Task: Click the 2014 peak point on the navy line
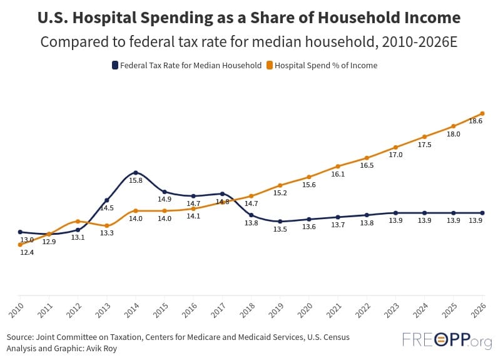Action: coord(136,173)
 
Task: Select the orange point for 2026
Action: coord(482,113)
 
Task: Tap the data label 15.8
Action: coord(136,180)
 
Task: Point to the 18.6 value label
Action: coord(475,121)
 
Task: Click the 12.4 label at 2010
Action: coord(26,252)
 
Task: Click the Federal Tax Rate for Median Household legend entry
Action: coord(186,65)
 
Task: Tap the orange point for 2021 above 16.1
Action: coord(338,166)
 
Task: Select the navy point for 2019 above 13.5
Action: coord(280,222)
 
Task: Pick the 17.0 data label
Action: coord(395,155)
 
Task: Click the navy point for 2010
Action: coord(20,232)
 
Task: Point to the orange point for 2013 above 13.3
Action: coord(107,225)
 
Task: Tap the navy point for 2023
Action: coord(395,213)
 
